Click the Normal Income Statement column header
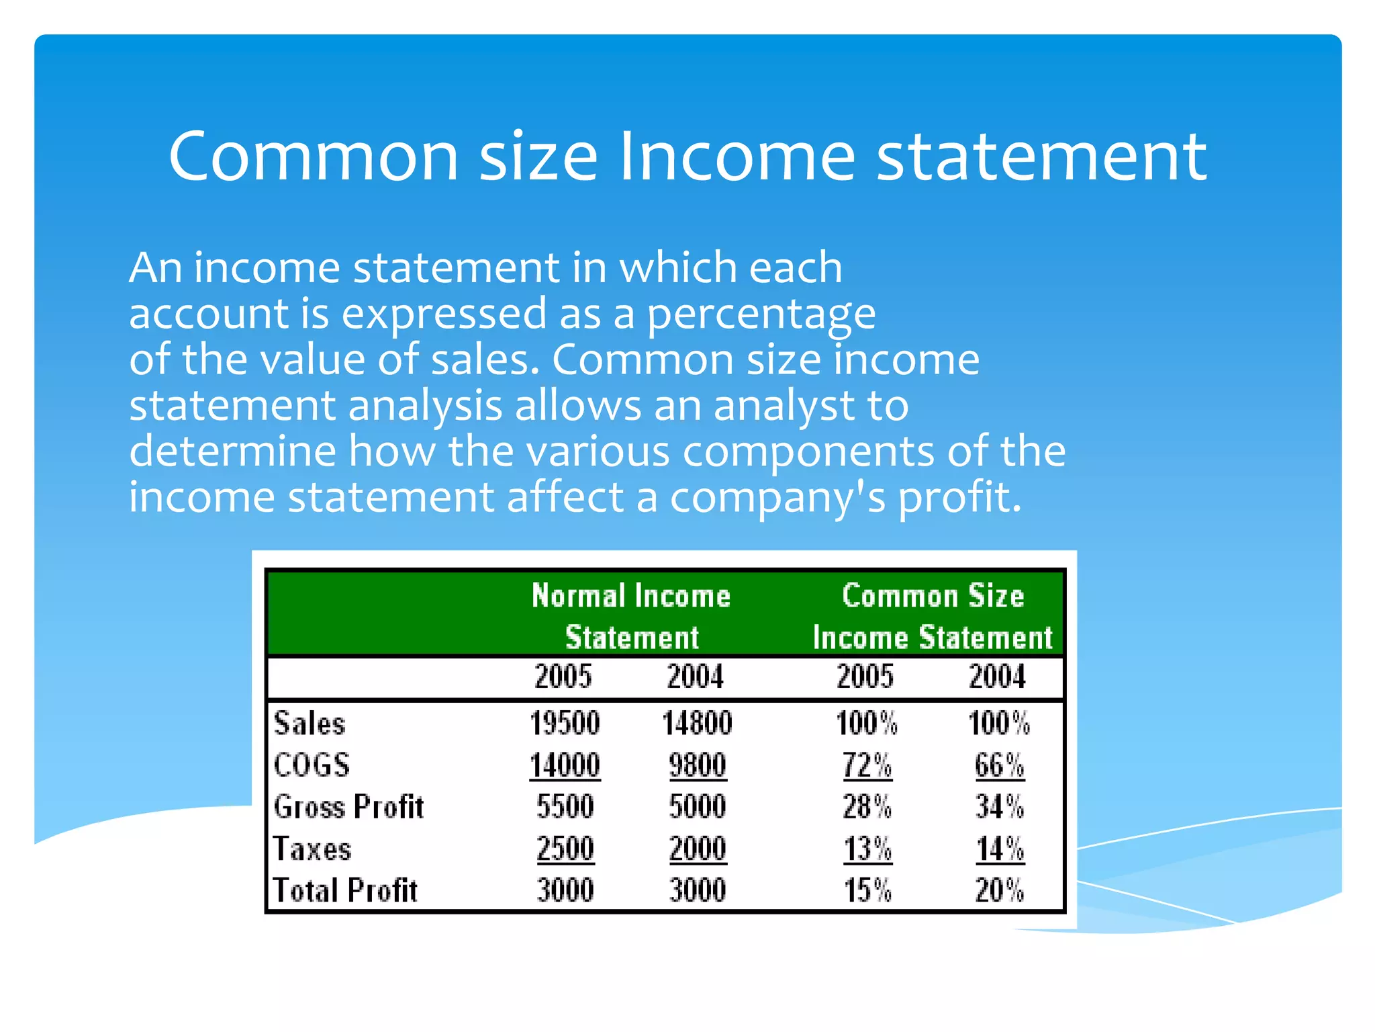(631, 615)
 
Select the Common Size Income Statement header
(933, 615)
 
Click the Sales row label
(310, 724)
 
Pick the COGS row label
(312, 765)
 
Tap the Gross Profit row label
(348, 807)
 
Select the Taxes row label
(312, 849)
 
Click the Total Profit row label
(345, 890)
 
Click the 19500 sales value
(565, 724)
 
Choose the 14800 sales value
(697, 724)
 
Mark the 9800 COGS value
(697, 765)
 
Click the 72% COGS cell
(867, 765)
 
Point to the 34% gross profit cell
(999, 807)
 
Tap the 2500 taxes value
(565, 849)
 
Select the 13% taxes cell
(867, 849)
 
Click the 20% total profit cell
(999, 890)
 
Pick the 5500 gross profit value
(565, 807)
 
